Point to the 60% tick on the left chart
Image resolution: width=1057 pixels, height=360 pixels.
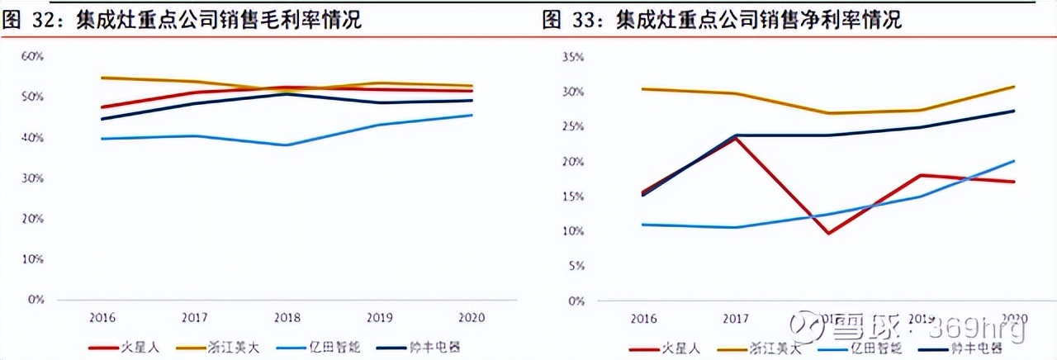[x=32, y=56]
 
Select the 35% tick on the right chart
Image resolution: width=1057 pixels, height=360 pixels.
[x=572, y=57]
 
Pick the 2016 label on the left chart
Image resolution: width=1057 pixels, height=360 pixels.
[x=102, y=317]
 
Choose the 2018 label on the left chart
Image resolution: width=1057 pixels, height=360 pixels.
[x=286, y=317]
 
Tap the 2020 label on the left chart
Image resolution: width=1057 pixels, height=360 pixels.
[x=471, y=317]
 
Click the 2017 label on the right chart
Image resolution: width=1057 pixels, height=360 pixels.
[x=736, y=318]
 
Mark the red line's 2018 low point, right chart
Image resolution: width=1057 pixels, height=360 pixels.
[x=828, y=234]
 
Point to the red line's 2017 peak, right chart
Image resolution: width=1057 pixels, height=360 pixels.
[x=735, y=138]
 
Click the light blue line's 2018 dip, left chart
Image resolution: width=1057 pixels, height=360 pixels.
[x=286, y=145]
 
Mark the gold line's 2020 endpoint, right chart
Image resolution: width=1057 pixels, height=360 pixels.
[x=1014, y=86]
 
